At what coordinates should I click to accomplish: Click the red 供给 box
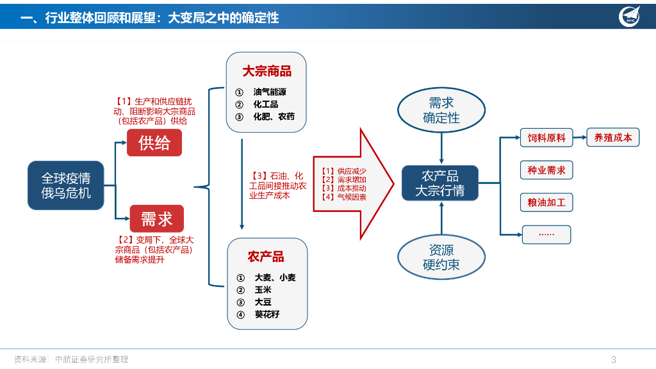(x=154, y=142)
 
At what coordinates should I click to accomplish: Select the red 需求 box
(x=156, y=219)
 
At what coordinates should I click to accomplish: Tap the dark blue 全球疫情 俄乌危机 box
(x=66, y=185)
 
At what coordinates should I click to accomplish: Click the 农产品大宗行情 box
(x=439, y=183)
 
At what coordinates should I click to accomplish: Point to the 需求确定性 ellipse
(x=441, y=110)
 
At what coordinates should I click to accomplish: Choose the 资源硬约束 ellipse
(x=441, y=257)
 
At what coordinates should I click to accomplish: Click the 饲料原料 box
(x=546, y=138)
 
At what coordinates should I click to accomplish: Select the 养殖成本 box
(x=613, y=137)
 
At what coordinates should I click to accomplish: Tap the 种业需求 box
(x=546, y=170)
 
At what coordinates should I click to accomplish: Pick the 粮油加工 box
(x=546, y=203)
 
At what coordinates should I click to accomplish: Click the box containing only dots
(x=546, y=234)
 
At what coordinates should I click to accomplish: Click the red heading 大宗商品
(x=266, y=71)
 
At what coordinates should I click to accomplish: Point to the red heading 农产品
(x=266, y=257)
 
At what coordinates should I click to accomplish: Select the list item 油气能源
(x=270, y=92)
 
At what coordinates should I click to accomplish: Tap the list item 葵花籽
(x=266, y=315)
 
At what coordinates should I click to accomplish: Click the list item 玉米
(x=263, y=290)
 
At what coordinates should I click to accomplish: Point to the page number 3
(x=614, y=359)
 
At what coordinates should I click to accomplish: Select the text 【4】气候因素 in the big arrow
(x=344, y=197)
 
